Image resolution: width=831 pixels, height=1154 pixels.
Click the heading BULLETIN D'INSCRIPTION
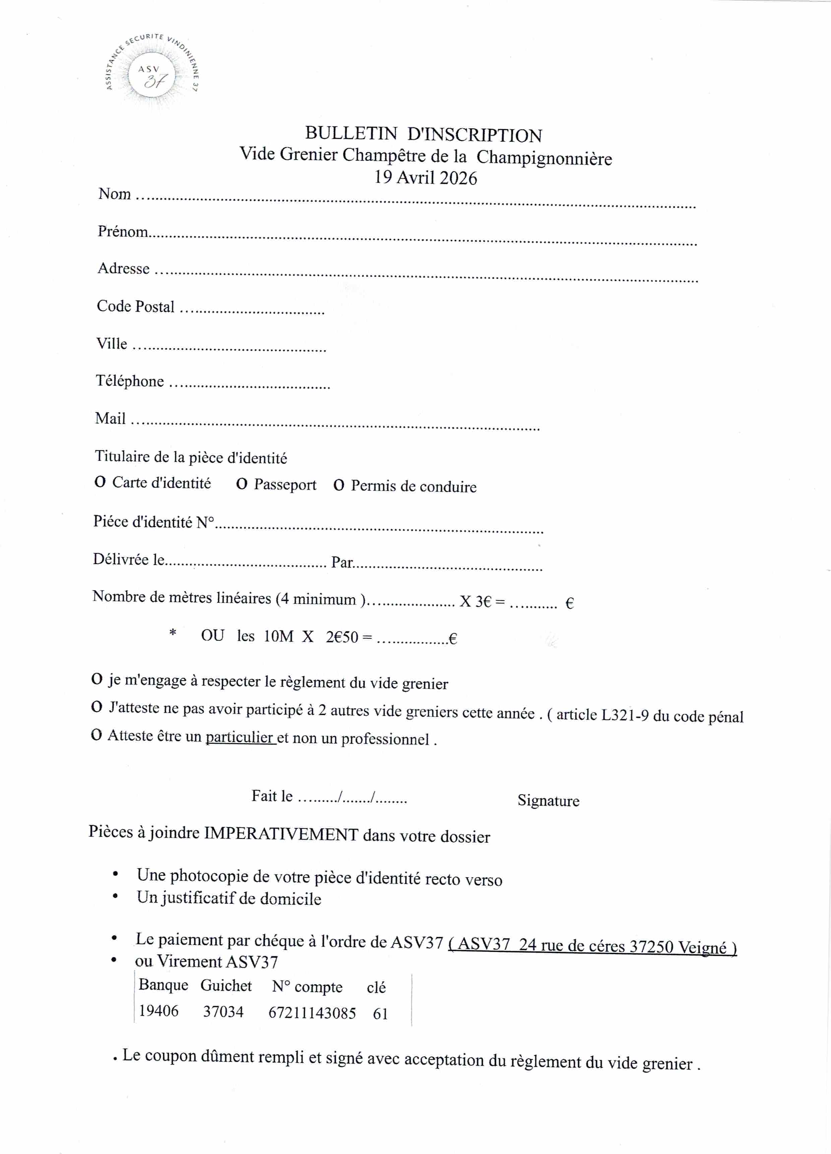(x=423, y=134)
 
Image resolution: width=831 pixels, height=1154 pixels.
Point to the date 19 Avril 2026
(x=425, y=178)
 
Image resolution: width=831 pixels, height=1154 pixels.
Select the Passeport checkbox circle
(x=242, y=484)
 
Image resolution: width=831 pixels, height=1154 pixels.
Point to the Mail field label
(x=110, y=418)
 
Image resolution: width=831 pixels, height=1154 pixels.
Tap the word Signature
(x=548, y=800)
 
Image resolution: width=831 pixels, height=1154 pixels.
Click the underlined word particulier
(x=240, y=737)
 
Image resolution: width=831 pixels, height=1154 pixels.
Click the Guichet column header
(x=226, y=986)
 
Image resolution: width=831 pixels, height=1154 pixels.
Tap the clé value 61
(x=380, y=1014)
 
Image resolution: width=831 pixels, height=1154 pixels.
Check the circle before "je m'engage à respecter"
(x=97, y=679)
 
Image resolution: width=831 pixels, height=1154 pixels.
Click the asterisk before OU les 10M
(x=173, y=633)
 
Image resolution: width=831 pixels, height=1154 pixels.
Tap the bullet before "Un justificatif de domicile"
(x=116, y=897)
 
